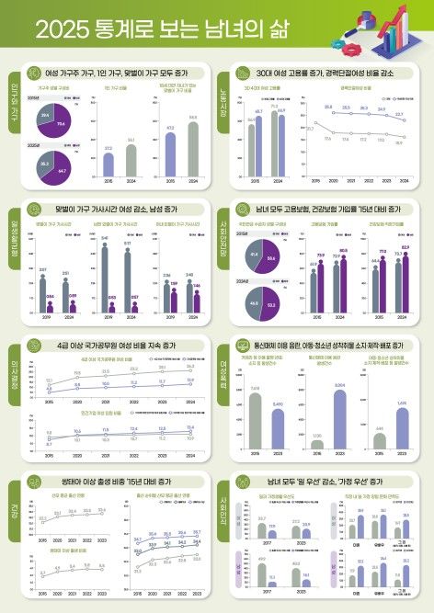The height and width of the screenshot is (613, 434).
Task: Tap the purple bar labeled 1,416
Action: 402,428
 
